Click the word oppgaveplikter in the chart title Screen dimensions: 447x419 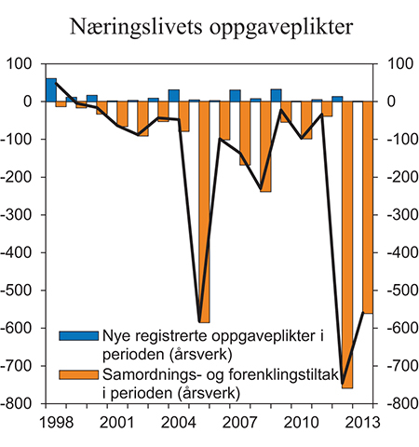tap(277, 30)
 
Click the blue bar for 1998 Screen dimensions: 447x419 tap(51, 90)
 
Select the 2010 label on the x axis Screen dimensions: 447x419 tap(291, 424)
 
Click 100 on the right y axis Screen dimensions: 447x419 tap(394, 63)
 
